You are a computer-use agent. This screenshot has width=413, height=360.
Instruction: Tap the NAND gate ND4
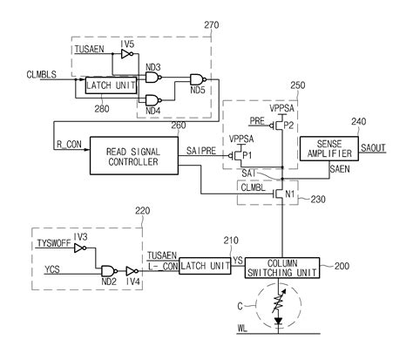[x=153, y=98]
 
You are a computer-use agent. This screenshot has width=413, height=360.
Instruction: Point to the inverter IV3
[x=80, y=248]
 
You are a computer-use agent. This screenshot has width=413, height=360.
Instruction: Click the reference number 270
[x=236, y=27]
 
